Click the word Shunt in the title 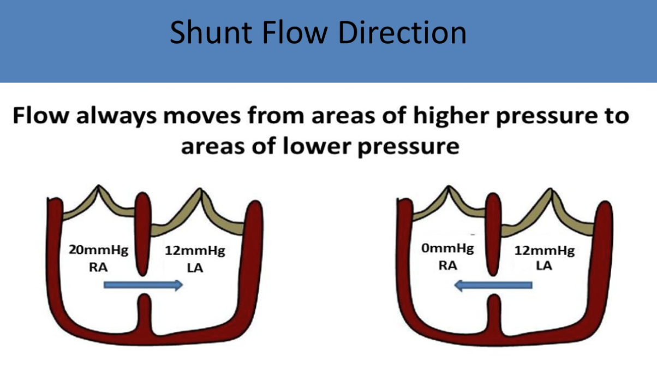[211, 32]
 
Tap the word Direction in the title [402, 32]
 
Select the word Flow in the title [295, 32]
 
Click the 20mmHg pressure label [99, 251]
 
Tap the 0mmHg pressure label [447, 248]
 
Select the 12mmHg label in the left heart [195, 251]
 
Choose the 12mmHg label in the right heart [545, 251]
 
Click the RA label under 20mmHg [98, 267]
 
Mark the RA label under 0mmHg [447, 266]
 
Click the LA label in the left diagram [195, 268]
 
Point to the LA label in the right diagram [544, 266]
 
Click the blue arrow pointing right [144, 285]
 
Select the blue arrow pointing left [493, 285]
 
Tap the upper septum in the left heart [143, 234]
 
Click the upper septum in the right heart [493, 234]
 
